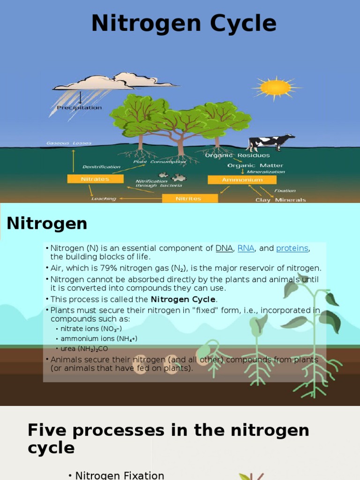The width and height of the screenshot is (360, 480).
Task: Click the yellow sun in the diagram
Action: tap(276, 87)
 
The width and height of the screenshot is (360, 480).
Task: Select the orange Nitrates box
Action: tap(95, 179)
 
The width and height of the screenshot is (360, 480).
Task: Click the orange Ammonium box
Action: tap(242, 180)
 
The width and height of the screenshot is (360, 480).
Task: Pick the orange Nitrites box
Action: tap(189, 198)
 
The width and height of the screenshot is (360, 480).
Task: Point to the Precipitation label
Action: tap(79, 107)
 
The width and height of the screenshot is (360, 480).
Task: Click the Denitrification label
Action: tap(101, 166)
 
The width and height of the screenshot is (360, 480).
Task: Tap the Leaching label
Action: tap(104, 199)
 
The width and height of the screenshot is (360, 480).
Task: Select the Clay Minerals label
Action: tap(280, 200)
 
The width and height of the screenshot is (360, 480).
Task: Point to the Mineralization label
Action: tap(266, 172)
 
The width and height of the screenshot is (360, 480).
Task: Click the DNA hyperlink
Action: tap(224, 248)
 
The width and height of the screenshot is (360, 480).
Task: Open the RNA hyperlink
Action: tap(246, 248)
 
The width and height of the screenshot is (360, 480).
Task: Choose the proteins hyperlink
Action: tap(292, 248)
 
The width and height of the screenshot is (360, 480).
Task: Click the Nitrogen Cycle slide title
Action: tap(184, 23)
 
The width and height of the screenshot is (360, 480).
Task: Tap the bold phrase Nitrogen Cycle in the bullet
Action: tap(183, 299)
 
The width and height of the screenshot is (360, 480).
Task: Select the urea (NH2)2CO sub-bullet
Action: tap(84, 349)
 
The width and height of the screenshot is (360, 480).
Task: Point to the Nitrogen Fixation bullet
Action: tap(120, 475)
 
